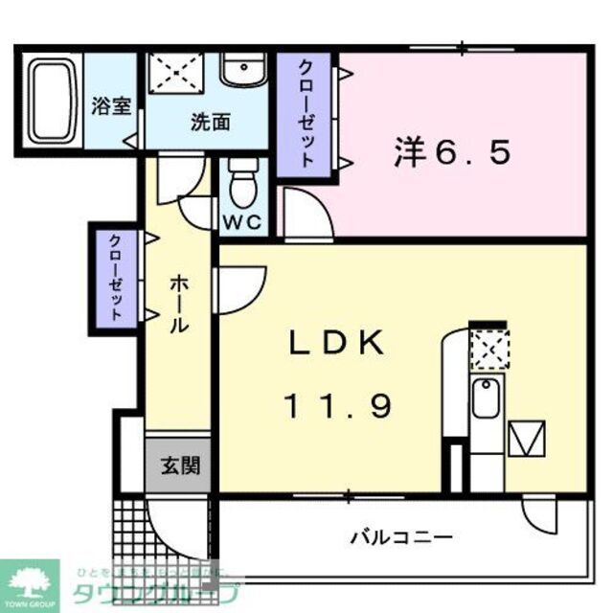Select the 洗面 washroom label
point(209,123)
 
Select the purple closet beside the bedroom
point(305,115)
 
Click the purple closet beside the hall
point(115,277)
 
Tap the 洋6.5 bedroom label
point(450,153)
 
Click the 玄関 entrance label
point(180,466)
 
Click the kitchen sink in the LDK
point(487,398)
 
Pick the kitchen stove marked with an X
point(490,350)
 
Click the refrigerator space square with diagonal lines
point(525,440)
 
